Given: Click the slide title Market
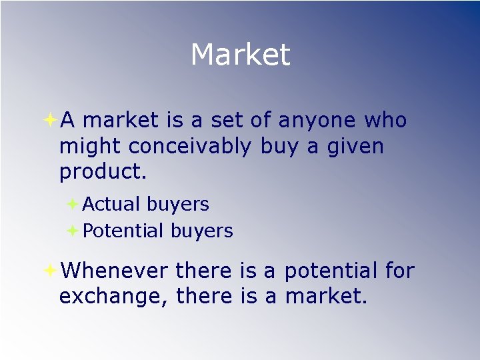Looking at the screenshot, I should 240,55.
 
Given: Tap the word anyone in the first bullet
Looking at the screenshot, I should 317,121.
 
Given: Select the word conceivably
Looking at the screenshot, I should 190,146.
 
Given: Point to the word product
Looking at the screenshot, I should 102,171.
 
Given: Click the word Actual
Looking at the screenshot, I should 111,204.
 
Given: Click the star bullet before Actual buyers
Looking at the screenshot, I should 73,204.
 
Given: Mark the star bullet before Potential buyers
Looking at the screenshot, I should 73,231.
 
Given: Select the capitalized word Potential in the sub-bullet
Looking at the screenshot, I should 123,231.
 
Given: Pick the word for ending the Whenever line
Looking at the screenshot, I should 399,271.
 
